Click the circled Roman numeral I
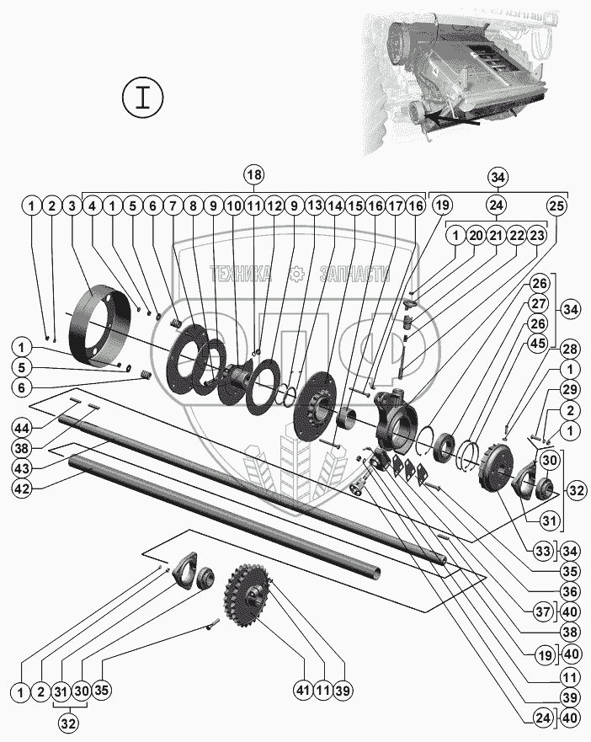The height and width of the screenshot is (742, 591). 143,98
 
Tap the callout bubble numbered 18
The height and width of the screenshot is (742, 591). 254,174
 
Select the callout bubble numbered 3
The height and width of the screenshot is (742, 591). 72,206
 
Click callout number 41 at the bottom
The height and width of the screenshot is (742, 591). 303,691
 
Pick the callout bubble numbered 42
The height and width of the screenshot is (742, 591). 22,488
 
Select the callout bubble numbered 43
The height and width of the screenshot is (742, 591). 22,468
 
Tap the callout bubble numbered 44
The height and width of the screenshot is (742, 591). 22,428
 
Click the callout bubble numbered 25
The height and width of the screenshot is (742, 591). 556,206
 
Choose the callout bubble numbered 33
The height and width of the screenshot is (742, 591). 543,552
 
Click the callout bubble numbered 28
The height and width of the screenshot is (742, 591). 570,350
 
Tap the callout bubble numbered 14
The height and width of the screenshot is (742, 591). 335,206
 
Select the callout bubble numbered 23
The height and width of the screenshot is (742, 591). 536,235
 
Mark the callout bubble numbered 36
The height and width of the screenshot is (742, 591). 570,591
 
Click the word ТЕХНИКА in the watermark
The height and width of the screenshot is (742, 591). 240,274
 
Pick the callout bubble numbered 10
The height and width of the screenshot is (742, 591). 233,206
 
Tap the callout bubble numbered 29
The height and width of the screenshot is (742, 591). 570,389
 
